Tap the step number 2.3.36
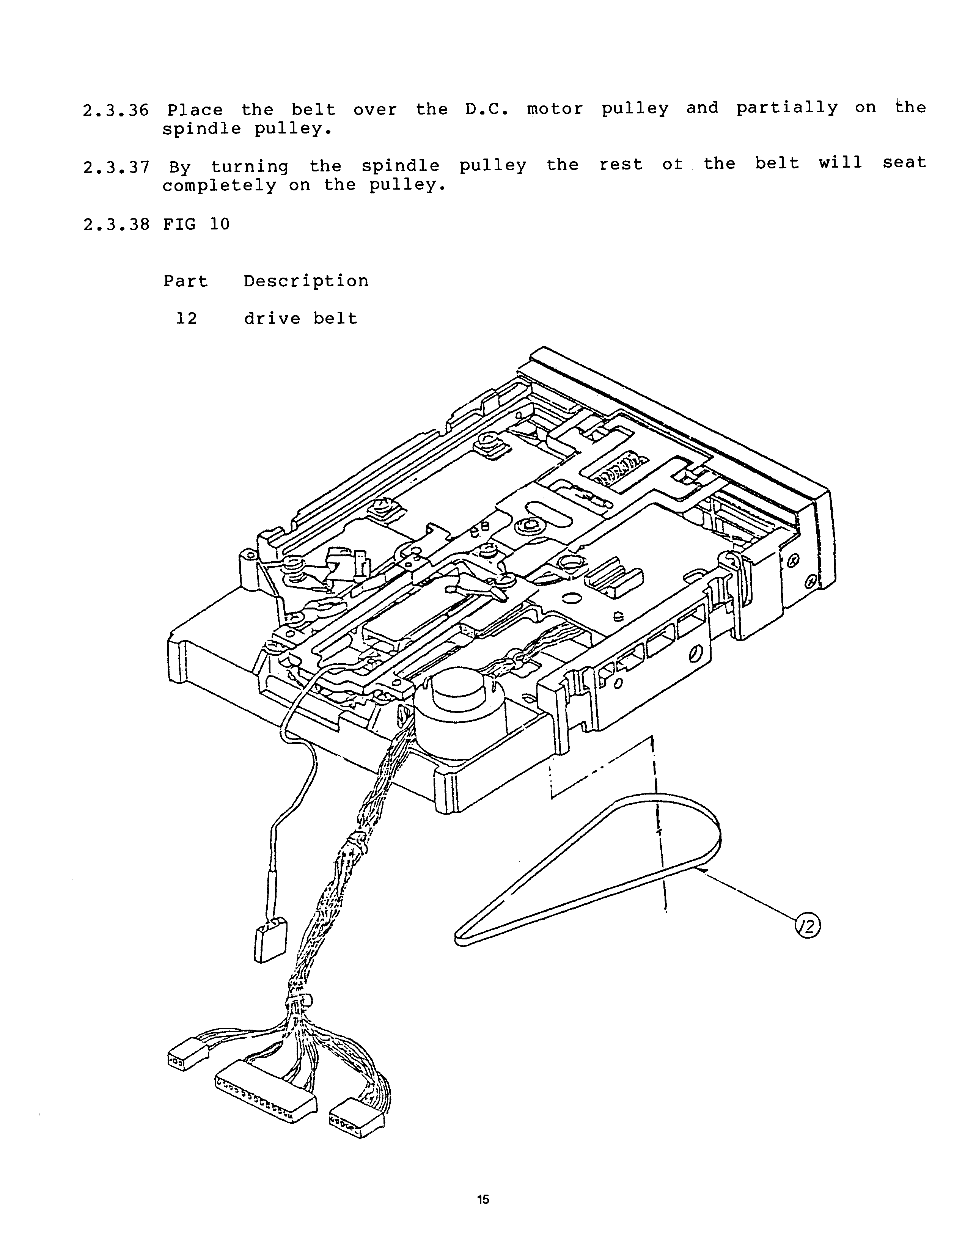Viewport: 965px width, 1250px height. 116,110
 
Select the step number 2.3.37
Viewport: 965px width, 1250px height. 116,167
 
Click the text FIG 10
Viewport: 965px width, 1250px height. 196,224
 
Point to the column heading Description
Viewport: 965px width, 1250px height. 306,281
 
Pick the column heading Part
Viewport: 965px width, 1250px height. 186,281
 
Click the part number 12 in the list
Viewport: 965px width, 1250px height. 187,318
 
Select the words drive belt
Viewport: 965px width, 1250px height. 300,318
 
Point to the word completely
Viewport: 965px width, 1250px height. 219,185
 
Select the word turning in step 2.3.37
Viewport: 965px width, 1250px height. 250,166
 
